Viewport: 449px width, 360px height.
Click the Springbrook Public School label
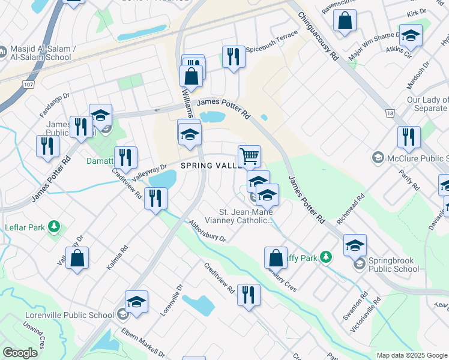[394, 265]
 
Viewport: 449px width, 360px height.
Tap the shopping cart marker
[249, 157]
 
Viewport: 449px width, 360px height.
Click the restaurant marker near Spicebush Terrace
[234, 57]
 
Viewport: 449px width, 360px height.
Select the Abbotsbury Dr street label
[206, 231]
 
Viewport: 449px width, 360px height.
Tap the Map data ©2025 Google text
[411, 355]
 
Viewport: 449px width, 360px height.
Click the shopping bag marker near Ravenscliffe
[346, 20]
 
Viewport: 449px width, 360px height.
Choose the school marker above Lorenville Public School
[136, 302]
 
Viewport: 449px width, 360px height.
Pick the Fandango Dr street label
[55, 103]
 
